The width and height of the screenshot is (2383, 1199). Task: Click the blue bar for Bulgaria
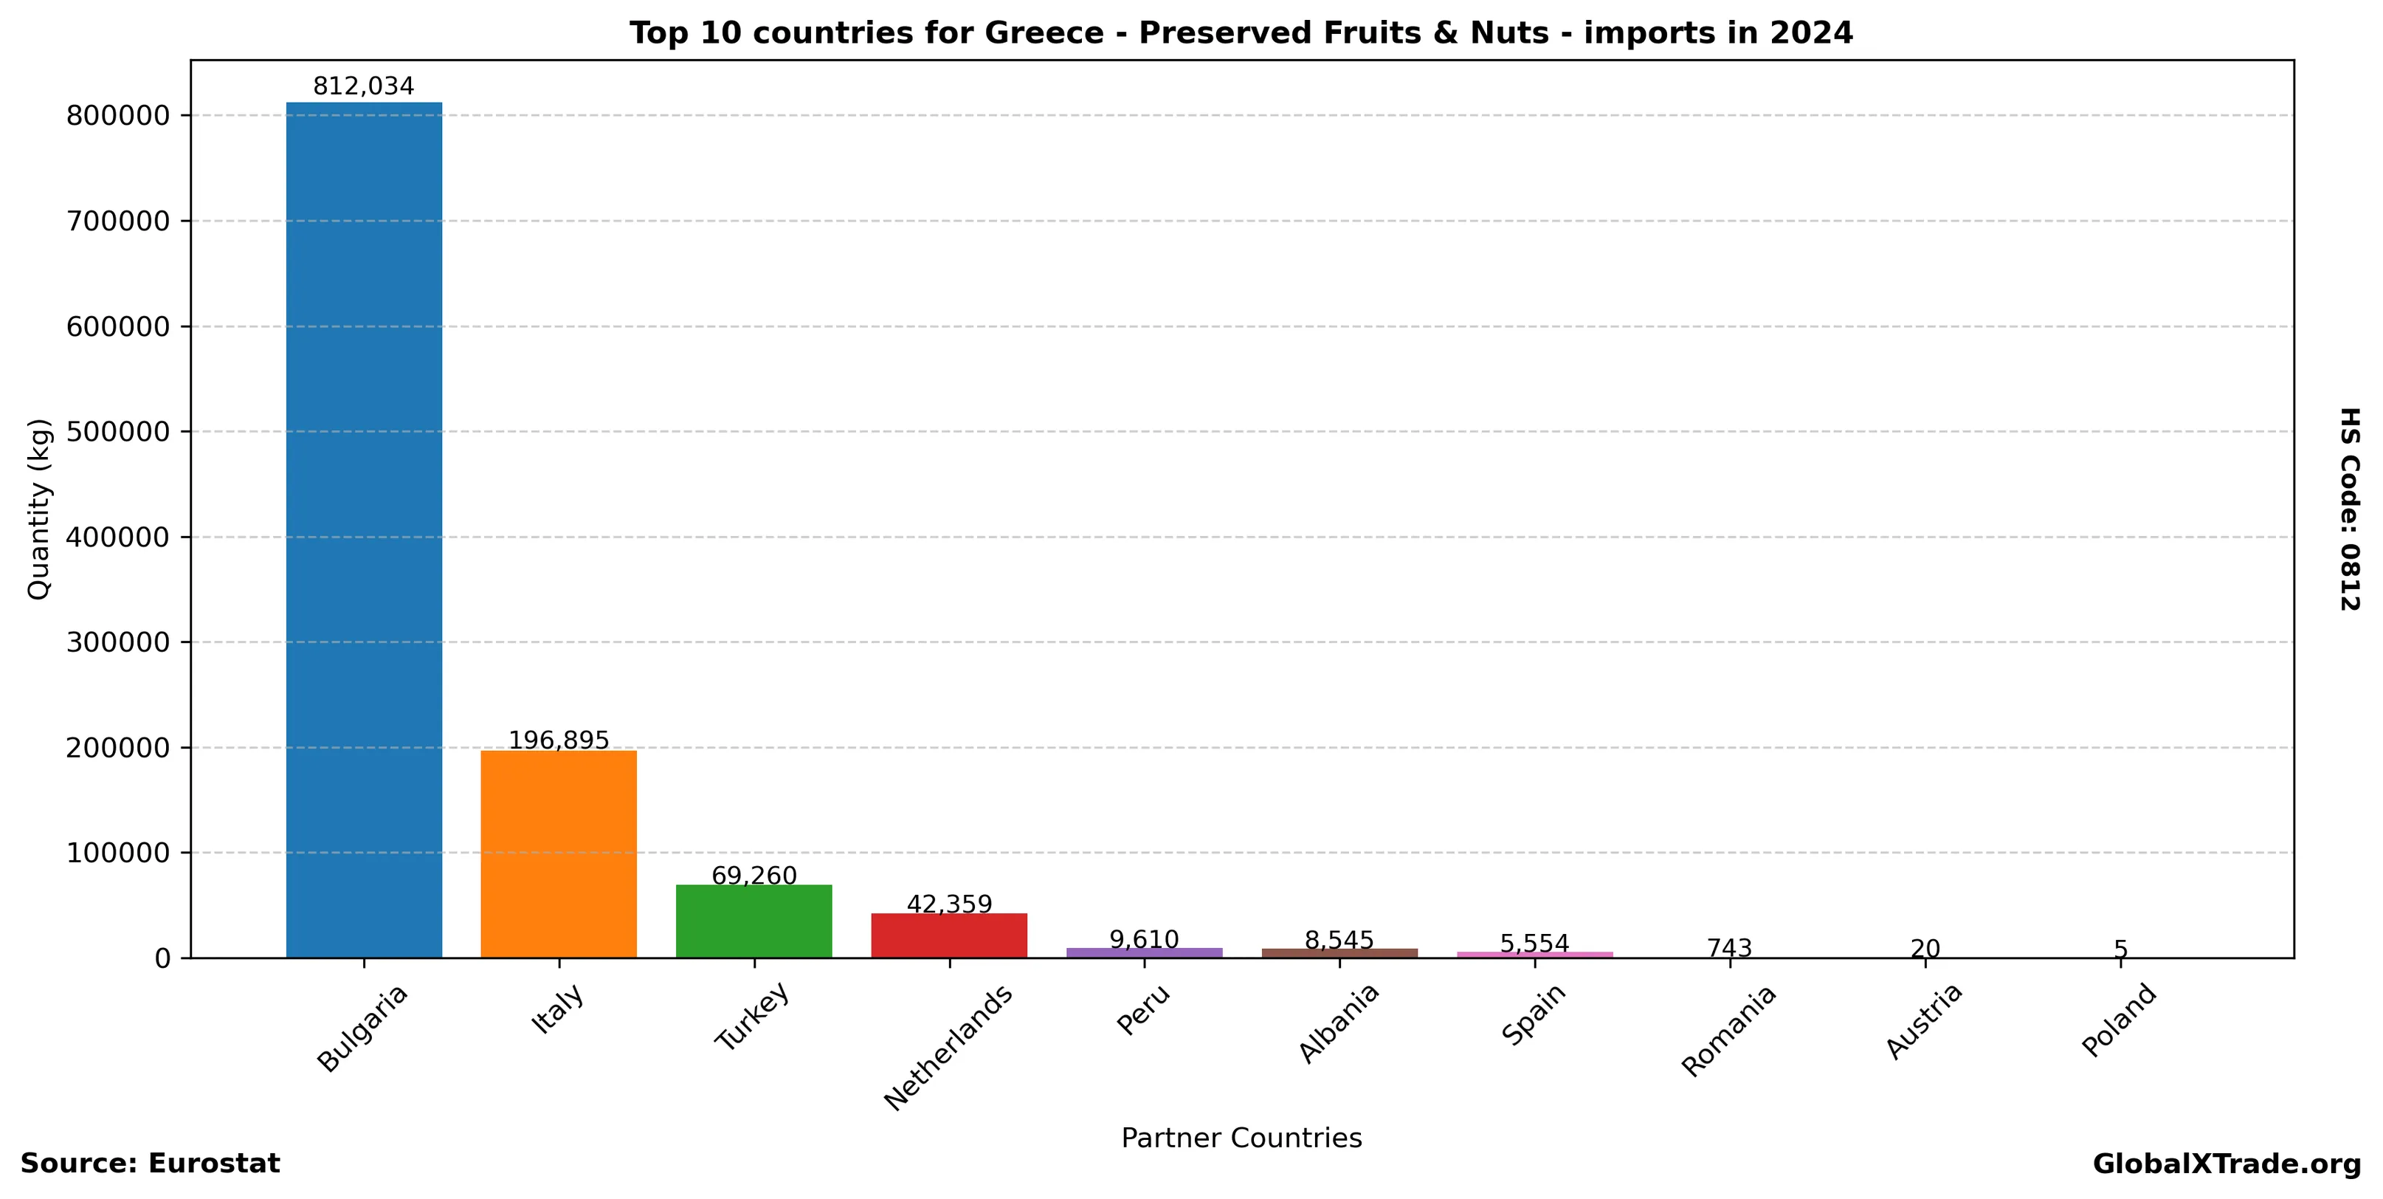[x=364, y=529]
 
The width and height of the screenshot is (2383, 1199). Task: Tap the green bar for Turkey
[x=754, y=921]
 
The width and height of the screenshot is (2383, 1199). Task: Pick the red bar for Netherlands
[x=949, y=935]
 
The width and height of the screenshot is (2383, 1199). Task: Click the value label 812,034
[x=364, y=87]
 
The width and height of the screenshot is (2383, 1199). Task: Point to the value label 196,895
[x=559, y=740]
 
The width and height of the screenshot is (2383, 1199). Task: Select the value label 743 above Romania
[x=1729, y=948]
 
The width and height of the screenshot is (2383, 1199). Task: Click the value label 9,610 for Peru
[x=1145, y=940]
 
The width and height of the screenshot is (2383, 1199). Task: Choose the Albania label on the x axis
[x=1339, y=1023]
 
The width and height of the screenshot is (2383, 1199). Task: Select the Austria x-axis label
[x=1924, y=1020]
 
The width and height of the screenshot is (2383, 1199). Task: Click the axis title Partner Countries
[x=1241, y=1138]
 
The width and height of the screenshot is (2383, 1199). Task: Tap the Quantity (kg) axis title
[x=39, y=509]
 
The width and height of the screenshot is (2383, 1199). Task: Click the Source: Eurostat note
[x=150, y=1164]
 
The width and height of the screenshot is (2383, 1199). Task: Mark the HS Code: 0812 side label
[x=2350, y=509]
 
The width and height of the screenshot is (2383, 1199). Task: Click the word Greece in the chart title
[x=1044, y=33]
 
